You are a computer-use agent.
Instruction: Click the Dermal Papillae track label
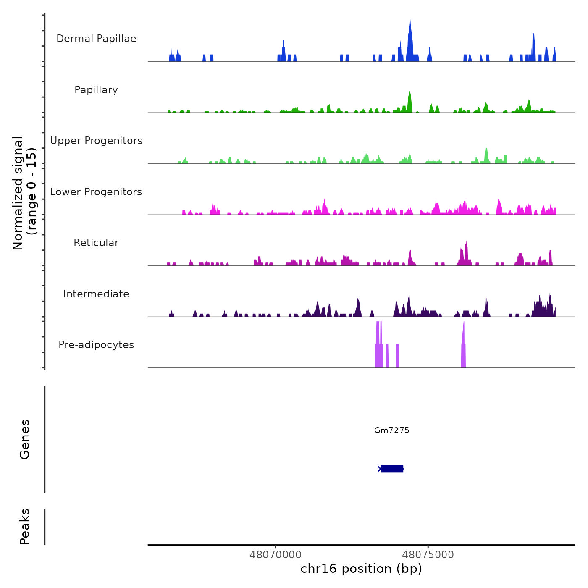pos(96,39)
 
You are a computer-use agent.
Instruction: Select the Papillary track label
pos(96,90)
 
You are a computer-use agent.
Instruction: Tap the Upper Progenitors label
pos(96,141)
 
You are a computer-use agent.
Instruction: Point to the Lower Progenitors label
pos(96,192)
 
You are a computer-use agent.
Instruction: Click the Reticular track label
pos(96,243)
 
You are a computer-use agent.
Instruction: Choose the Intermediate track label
pos(96,294)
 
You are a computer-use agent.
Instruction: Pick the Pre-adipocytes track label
pos(96,345)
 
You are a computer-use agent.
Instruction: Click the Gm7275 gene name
pos(391,430)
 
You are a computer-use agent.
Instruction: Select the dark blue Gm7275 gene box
pos(392,469)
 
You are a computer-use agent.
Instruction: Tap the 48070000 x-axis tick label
pos(276,555)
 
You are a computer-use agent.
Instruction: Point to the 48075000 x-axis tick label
pos(428,555)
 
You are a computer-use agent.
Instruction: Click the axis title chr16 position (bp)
pos(361,569)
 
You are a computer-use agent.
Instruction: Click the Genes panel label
pos(25,439)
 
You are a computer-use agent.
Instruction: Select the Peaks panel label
pos(25,526)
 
